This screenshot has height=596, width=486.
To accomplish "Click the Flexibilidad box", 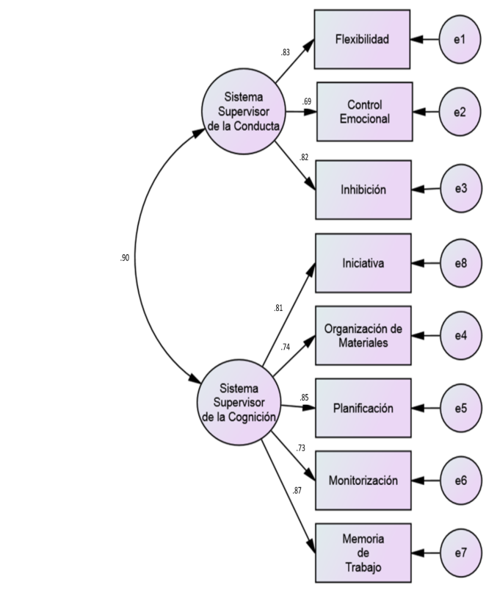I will pyautogui.click(x=362, y=39).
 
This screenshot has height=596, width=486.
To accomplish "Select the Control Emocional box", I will pyautogui.click(x=364, y=111).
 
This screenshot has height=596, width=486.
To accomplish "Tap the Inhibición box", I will pyautogui.click(x=363, y=190).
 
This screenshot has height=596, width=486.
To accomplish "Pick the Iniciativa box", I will pyautogui.click(x=363, y=262).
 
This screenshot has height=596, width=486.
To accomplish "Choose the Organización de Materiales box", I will pyautogui.click(x=363, y=335).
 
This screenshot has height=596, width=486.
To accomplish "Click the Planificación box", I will pyautogui.click(x=363, y=408).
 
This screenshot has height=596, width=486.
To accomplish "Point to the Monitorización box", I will pyautogui.click(x=363, y=481).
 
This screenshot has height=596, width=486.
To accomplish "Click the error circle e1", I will pyautogui.click(x=460, y=39).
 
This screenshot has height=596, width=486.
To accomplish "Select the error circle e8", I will pyautogui.click(x=460, y=262).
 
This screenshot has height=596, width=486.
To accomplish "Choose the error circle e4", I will pyautogui.click(x=460, y=335).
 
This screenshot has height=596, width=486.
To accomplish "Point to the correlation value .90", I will pyautogui.click(x=125, y=259).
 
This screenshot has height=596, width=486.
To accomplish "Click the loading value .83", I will pyautogui.click(x=285, y=53).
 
